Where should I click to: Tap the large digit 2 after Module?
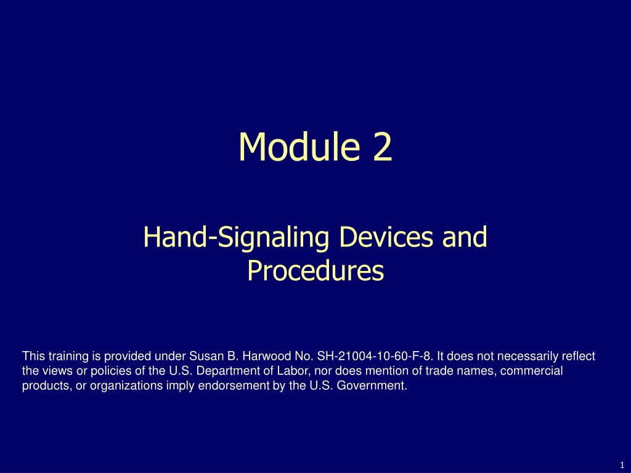(382, 147)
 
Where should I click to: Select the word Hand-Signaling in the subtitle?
(236, 237)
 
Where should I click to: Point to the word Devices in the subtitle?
(386, 236)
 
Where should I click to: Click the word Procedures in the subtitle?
(315, 270)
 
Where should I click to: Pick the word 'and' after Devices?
(465, 236)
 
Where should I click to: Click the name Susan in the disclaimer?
(204, 356)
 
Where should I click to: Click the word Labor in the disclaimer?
(295, 370)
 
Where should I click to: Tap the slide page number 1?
(622, 465)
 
